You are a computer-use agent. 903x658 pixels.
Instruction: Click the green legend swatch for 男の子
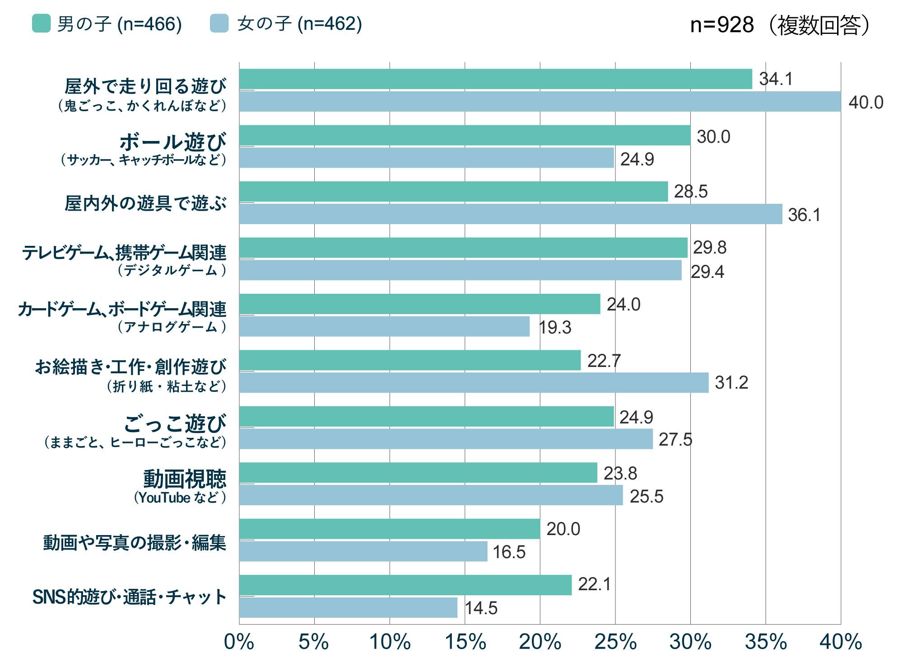(41, 23)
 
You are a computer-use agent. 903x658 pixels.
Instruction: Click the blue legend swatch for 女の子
(219, 23)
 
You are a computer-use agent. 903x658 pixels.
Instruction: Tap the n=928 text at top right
(722, 25)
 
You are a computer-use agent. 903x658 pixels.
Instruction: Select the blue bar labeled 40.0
(540, 102)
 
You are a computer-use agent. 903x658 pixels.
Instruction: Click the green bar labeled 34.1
(495, 79)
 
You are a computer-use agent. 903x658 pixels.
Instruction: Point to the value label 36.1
(804, 215)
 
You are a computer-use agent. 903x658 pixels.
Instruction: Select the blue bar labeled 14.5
(348, 608)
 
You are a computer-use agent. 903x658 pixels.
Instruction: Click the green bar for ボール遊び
(465, 136)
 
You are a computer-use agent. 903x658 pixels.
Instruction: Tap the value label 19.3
(555, 328)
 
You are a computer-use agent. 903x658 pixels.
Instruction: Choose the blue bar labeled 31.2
(474, 383)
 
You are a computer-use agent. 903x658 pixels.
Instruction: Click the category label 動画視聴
(185, 479)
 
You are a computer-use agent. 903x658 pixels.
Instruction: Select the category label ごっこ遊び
(175, 423)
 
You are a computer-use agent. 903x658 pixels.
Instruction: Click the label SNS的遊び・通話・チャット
(129, 597)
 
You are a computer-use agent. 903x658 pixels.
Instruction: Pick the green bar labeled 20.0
(389, 529)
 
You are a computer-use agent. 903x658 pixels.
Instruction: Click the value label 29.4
(707, 272)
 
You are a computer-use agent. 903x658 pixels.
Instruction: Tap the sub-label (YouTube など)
(180, 498)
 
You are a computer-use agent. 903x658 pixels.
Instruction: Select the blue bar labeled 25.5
(431, 495)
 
